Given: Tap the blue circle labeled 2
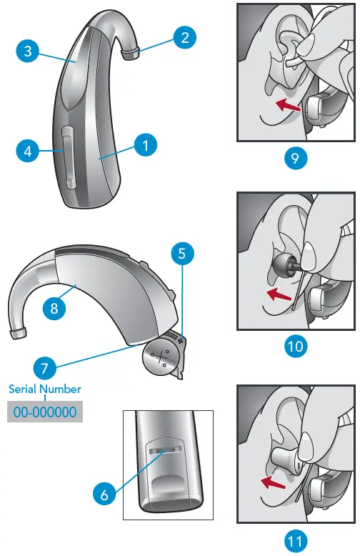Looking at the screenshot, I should [x=184, y=38].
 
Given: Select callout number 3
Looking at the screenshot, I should [x=27, y=51].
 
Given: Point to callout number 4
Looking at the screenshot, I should [x=27, y=152].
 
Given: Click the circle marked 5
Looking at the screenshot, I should [x=181, y=253].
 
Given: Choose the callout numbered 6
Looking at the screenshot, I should [x=104, y=492].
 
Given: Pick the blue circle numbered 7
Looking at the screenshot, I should [x=44, y=369].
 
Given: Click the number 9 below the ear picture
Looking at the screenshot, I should [x=295, y=158].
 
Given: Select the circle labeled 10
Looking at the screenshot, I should [x=295, y=347].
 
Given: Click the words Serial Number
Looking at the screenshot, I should [x=44, y=389].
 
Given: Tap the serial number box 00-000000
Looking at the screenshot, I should [x=44, y=412].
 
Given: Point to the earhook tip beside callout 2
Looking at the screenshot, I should [x=130, y=53].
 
